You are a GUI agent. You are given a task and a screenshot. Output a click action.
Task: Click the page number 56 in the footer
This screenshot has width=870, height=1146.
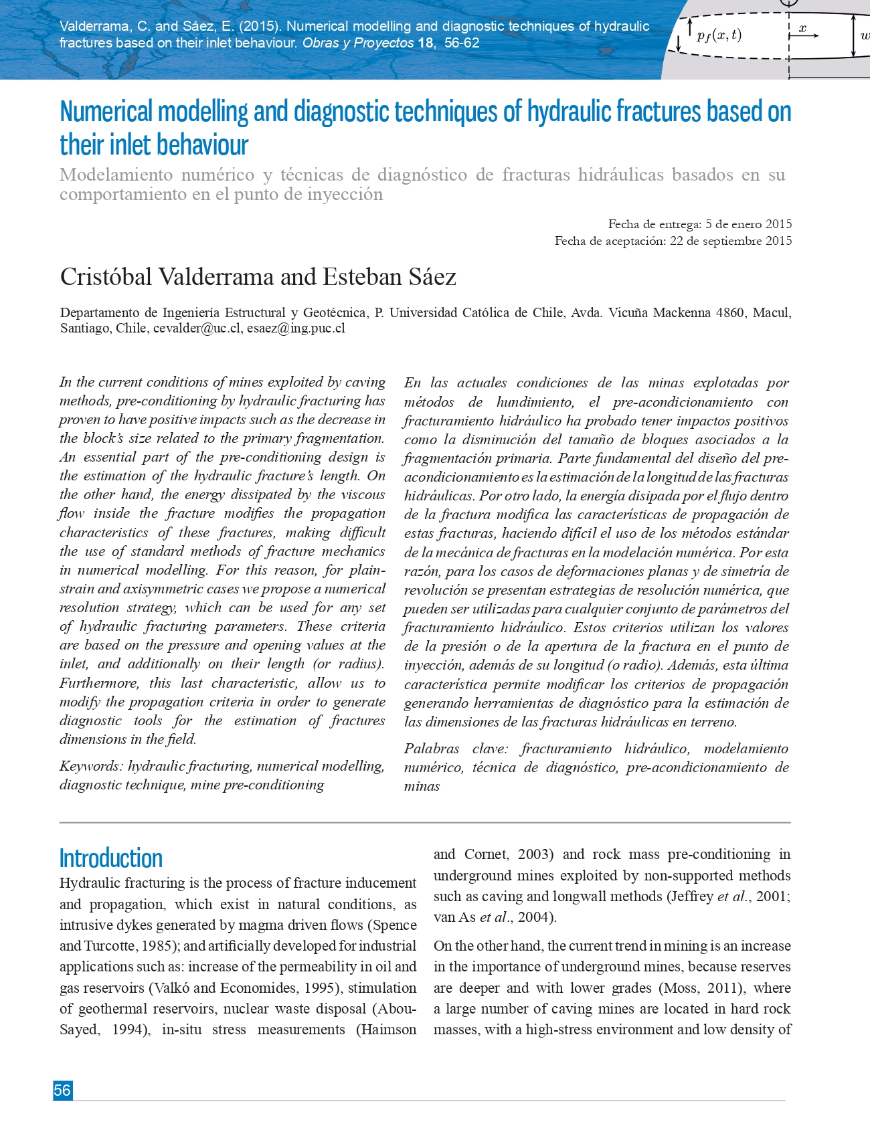point(62,1090)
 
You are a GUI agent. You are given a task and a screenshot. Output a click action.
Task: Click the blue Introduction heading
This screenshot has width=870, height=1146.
point(111,858)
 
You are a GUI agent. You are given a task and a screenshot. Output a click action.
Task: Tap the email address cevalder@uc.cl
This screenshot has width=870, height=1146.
point(197,328)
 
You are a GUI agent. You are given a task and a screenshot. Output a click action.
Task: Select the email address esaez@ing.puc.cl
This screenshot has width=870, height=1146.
point(296,328)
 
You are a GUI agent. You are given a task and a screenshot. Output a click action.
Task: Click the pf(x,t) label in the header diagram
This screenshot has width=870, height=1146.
point(719,35)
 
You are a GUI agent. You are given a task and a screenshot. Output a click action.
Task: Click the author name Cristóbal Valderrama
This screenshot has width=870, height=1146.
point(167,277)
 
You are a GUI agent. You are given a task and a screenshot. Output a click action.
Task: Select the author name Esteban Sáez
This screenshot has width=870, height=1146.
point(389,277)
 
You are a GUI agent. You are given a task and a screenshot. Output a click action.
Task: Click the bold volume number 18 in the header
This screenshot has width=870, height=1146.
point(426,43)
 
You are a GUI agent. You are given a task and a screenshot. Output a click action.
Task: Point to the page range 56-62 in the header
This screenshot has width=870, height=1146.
point(462,43)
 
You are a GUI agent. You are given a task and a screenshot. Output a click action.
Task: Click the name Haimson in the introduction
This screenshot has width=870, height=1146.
point(388,1030)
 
